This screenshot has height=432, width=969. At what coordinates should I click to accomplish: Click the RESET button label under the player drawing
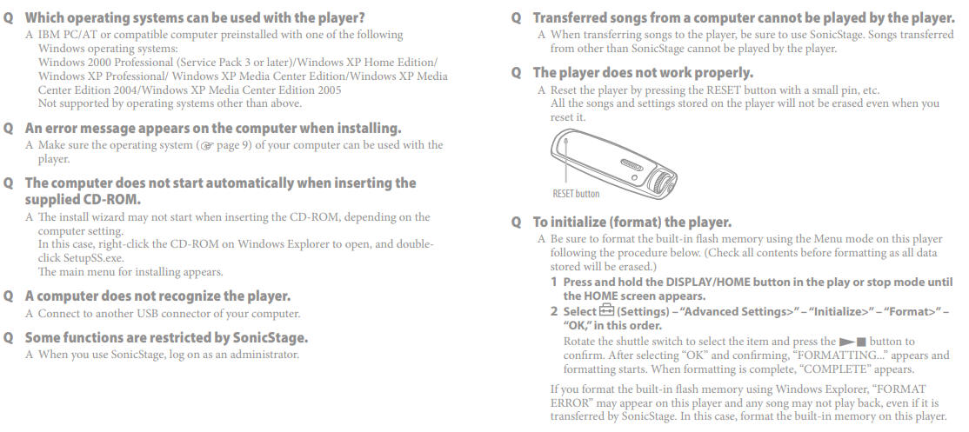point(575,194)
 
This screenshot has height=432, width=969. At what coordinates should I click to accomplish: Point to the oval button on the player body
point(631,165)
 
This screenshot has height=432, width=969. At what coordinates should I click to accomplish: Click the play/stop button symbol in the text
point(852,342)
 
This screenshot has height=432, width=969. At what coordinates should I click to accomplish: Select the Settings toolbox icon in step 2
point(606,312)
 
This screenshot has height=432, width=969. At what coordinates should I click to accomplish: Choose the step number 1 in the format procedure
point(554,282)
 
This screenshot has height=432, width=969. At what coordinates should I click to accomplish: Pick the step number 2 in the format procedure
point(554,312)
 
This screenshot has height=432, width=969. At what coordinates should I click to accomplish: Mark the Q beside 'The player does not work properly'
point(516,73)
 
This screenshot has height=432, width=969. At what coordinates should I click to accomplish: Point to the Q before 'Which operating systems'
point(8,18)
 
